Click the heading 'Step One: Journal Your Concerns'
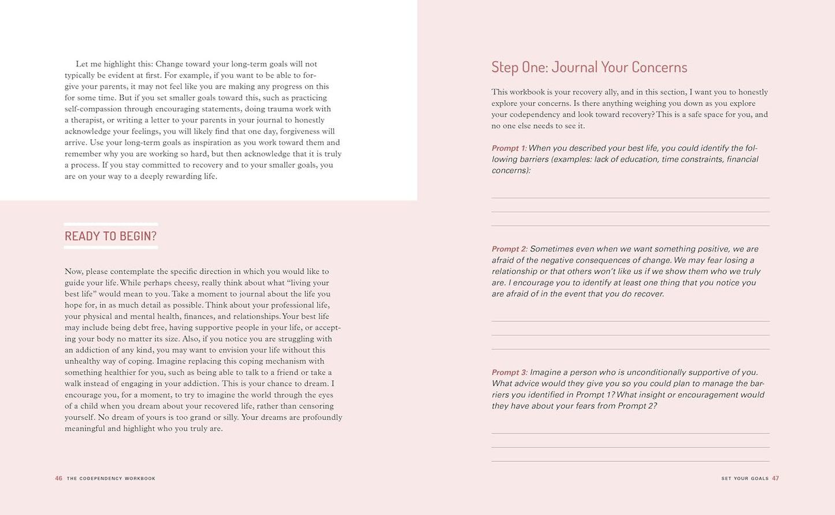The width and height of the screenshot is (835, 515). click(x=589, y=67)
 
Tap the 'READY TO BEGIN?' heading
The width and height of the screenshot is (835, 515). click(x=110, y=236)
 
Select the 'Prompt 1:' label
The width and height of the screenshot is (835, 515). click(x=509, y=148)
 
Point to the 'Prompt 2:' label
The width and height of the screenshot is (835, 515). click(x=509, y=249)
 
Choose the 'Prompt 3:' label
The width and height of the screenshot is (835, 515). click(x=509, y=373)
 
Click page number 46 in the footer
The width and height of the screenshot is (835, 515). click(x=58, y=479)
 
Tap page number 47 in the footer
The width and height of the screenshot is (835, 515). click(x=775, y=479)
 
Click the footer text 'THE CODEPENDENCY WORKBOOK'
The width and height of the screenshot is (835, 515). click(x=111, y=479)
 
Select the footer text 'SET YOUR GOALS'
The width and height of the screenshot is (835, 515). click(x=745, y=479)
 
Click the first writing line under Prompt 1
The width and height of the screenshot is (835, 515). click(x=630, y=198)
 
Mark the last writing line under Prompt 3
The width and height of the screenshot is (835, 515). click(x=630, y=461)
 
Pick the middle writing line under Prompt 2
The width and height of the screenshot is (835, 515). click(x=630, y=335)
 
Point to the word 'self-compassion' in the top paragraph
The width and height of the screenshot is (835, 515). click(x=93, y=109)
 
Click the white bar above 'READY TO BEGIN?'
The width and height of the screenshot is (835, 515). click(x=110, y=224)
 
